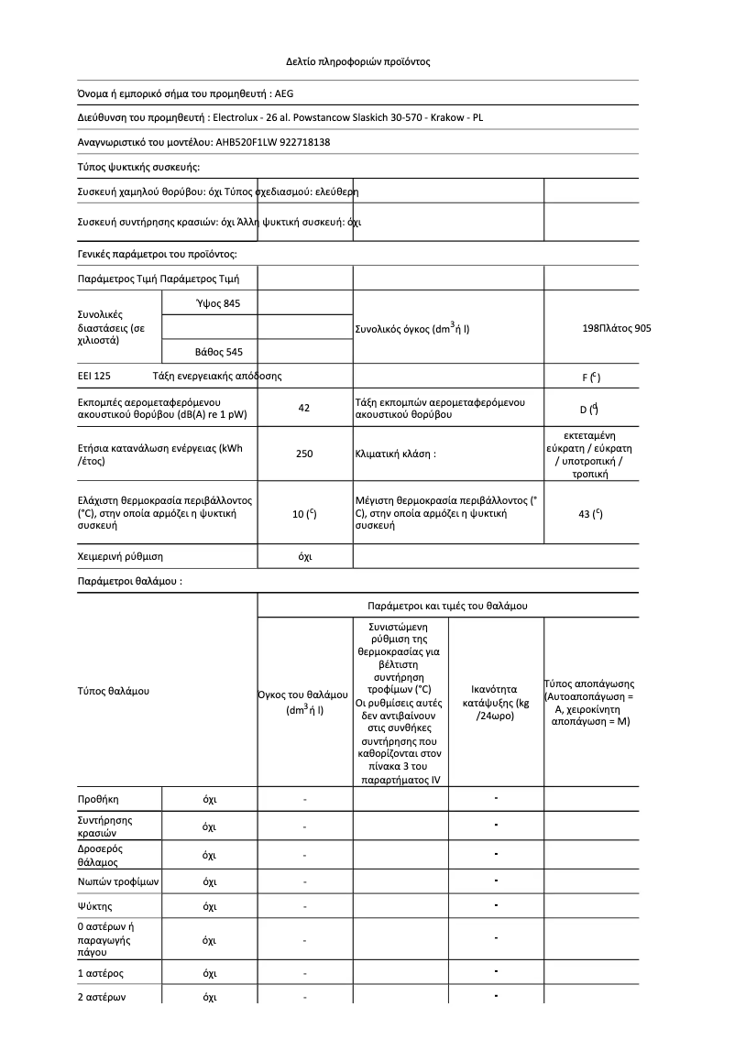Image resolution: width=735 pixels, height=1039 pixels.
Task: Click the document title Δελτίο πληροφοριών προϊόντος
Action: point(357,62)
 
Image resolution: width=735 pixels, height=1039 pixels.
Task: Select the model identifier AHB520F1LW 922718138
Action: point(272,142)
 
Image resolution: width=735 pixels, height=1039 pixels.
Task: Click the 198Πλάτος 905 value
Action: point(617,327)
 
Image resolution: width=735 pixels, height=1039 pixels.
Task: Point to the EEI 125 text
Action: point(94,376)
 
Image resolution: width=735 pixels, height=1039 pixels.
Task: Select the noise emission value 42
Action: point(304,409)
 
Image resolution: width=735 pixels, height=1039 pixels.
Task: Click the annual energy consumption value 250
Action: point(304,454)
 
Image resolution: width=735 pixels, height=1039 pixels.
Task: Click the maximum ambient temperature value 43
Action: point(590,514)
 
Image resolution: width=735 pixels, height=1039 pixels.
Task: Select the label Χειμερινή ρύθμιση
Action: point(120,556)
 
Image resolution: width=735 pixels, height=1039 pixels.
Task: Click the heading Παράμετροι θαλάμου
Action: point(128,581)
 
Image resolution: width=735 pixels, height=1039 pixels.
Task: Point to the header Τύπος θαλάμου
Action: point(113,690)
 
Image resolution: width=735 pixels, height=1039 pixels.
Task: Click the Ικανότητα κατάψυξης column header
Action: point(496,702)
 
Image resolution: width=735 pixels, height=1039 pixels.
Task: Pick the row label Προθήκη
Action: point(98,799)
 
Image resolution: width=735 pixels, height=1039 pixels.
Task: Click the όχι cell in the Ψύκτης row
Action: point(209,907)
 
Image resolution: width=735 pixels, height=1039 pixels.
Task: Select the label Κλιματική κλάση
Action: point(395,454)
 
